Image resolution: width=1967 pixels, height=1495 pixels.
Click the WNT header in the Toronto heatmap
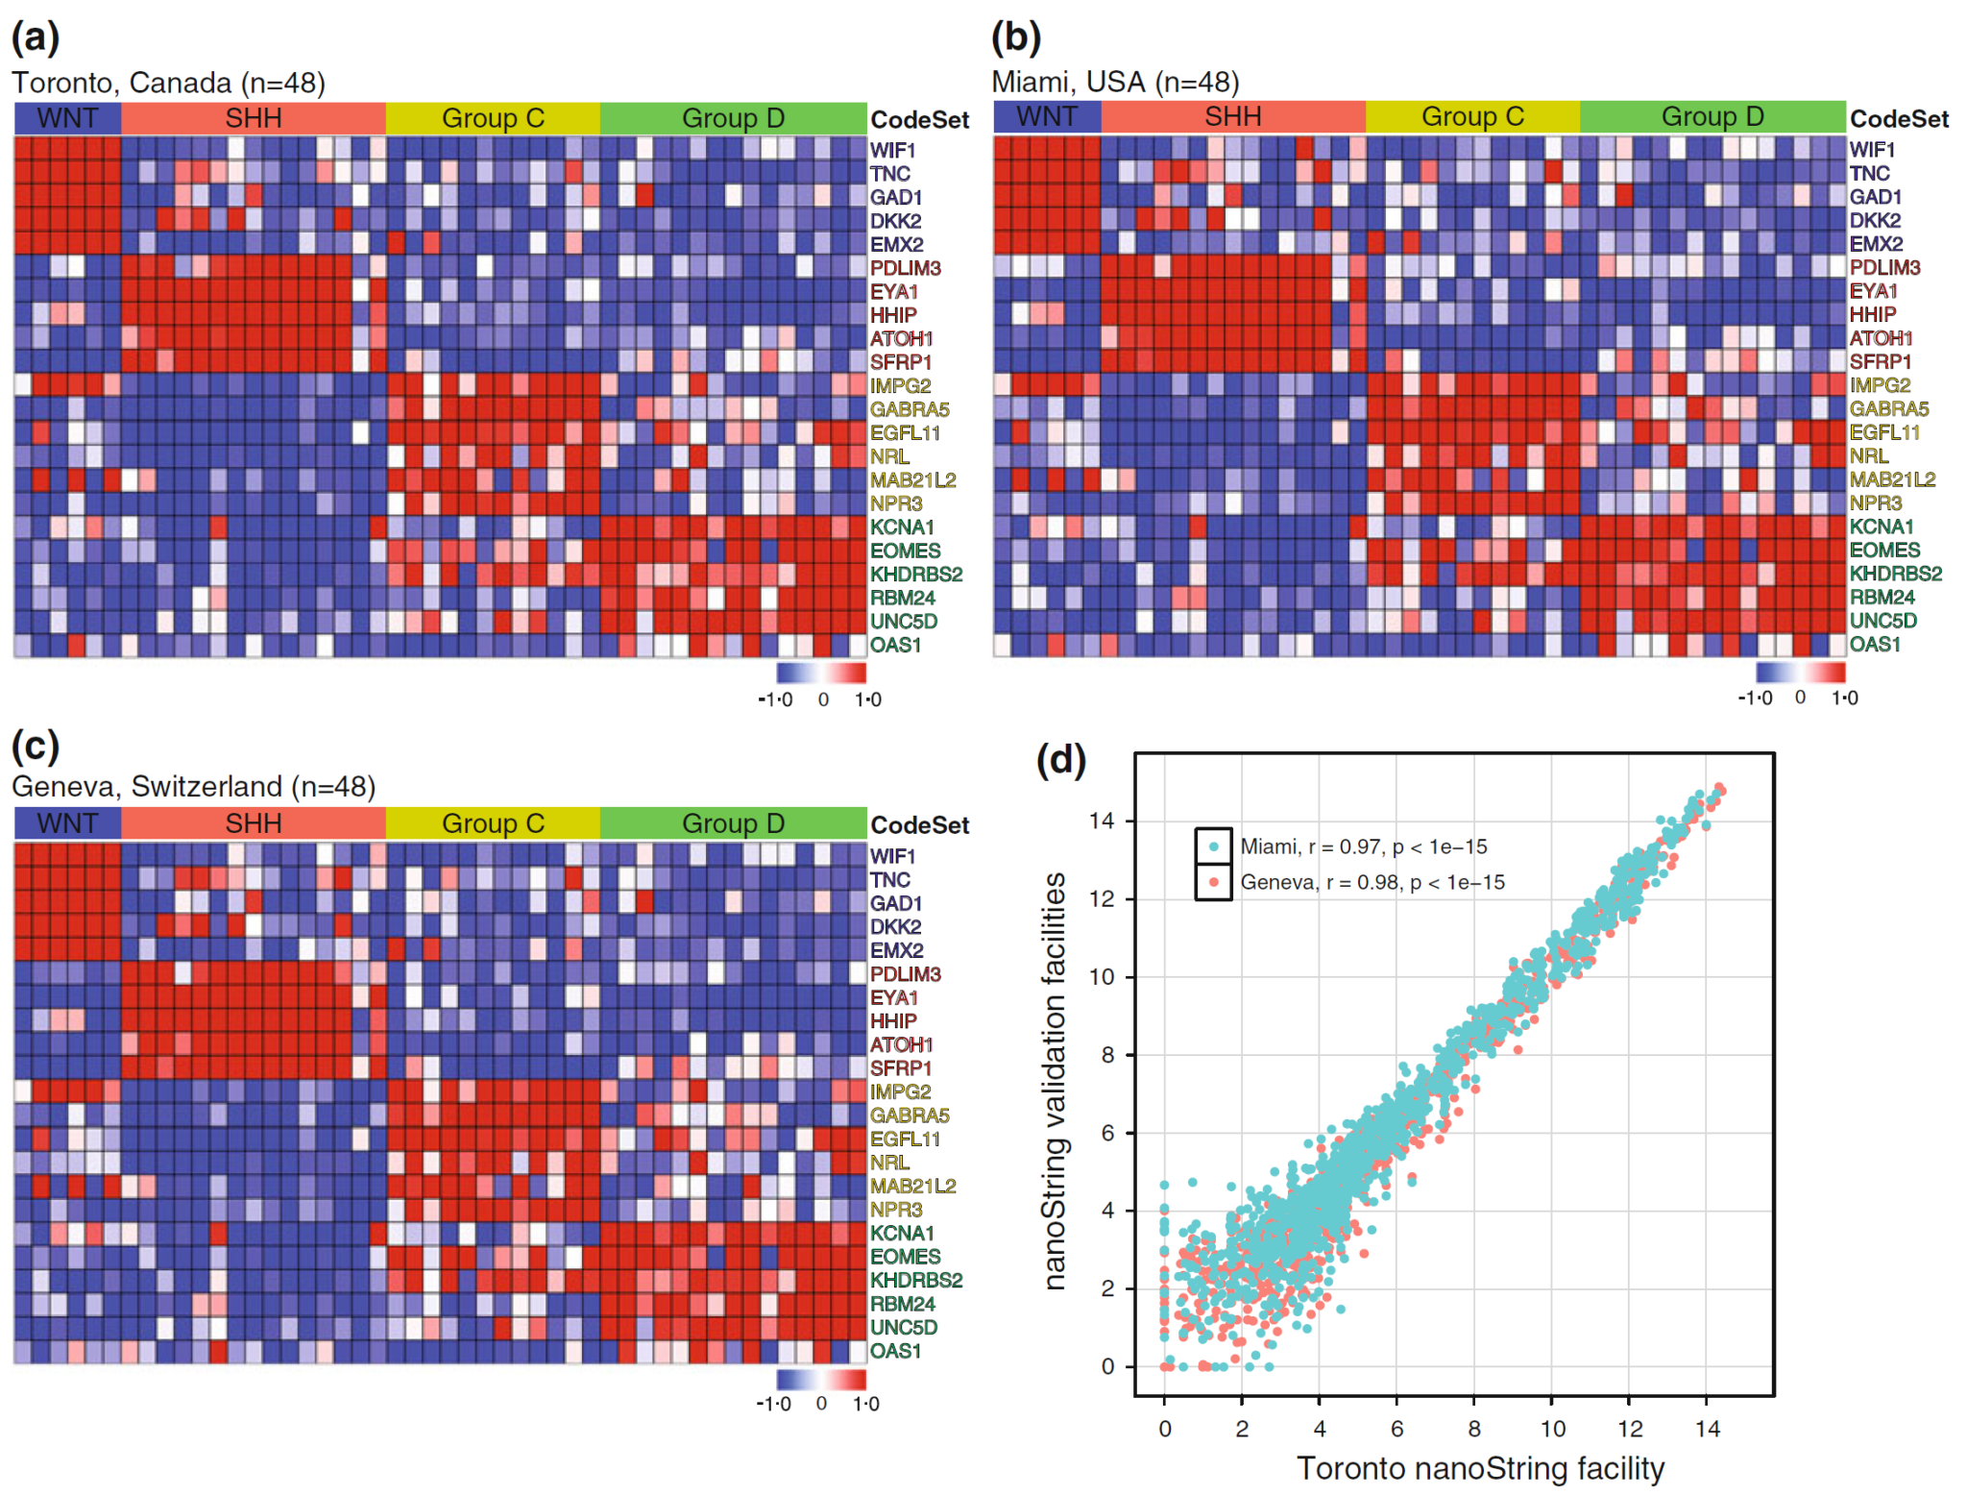pyautogui.click(x=67, y=118)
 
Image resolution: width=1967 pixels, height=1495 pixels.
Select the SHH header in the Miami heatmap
pyautogui.click(x=1232, y=116)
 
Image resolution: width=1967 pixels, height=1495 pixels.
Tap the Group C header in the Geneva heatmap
pyautogui.click(x=493, y=823)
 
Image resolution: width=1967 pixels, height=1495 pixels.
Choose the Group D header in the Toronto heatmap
pyautogui.click(x=733, y=118)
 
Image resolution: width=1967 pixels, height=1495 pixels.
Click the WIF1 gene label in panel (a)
pyautogui.click(x=893, y=150)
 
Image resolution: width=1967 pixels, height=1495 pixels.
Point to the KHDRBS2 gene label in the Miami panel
pyautogui.click(x=1895, y=574)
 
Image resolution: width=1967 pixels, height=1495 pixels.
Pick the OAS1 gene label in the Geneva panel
pyautogui.click(x=895, y=1351)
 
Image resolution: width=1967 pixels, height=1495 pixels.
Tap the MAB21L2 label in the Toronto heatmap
pyautogui.click(x=912, y=480)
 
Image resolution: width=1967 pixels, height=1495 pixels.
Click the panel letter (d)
pyautogui.click(x=1060, y=761)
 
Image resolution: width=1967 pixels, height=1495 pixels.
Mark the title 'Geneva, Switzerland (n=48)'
pyautogui.click(x=193, y=787)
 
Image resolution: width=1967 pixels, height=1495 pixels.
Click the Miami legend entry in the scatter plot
pyautogui.click(x=1363, y=846)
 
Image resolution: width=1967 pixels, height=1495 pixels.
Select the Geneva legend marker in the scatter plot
pyautogui.click(x=1214, y=882)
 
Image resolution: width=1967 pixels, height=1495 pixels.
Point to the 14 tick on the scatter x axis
pyautogui.click(x=1707, y=1429)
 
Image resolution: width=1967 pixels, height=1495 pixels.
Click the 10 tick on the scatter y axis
pyautogui.click(x=1101, y=977)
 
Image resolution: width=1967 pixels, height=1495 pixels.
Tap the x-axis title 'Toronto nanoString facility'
pyautogui.click(x=1479, y=1469)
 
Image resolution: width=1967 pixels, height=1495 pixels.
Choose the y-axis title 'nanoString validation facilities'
pyautogui.click(x=1055, y=1081)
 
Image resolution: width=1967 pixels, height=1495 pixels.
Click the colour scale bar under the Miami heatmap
pyautogui.click(x=1800, y=672)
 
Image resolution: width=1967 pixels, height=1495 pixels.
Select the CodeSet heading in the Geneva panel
pyautogui.click(x=919, y=825)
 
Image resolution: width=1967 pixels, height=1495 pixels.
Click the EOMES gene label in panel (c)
pyautogui.click(x=905, y=1257)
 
